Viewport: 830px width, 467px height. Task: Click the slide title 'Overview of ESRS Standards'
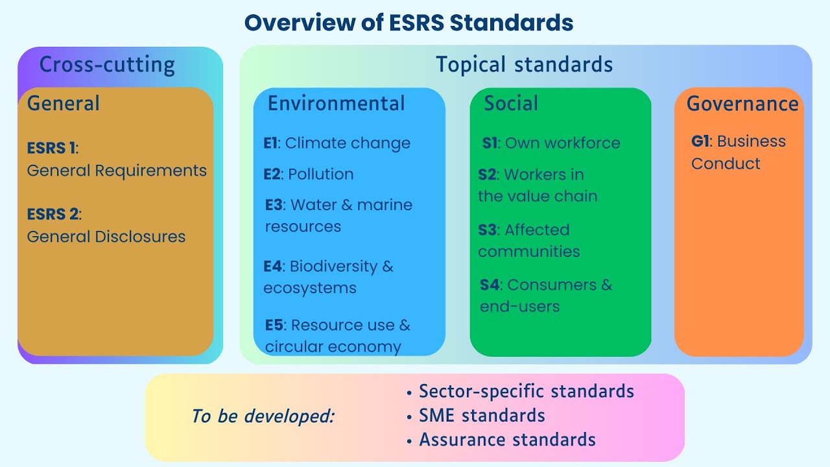pos(409,23)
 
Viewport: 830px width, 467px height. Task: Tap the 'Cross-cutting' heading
pos(107,65)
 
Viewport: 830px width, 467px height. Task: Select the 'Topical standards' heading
pos(524,64)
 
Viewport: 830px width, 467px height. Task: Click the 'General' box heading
pos(64,103)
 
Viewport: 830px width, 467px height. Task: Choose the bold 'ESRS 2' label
pos(53,214)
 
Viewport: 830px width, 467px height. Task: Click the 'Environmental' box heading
pos(336,103)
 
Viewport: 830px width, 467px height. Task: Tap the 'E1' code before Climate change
pos(270,143)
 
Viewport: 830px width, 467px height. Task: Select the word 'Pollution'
pos(321,174)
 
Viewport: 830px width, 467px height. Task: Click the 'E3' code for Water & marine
pos(274,205)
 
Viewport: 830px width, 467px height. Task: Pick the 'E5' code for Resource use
pos(274,325)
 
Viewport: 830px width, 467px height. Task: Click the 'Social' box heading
pos(511,103)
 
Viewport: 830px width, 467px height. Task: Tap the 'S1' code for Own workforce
pos(490,143)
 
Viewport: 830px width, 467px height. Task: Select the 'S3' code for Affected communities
pos(487,230)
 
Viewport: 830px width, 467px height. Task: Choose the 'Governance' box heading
pos(742,104)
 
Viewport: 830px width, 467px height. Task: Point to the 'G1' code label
pos(701,141)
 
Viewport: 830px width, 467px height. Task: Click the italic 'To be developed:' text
pos(263,416)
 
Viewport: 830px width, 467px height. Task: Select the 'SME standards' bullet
pos(482,415)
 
